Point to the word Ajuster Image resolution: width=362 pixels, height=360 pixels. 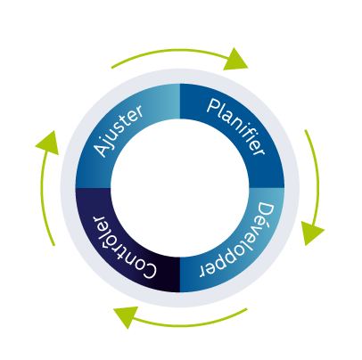[x=119, y=130]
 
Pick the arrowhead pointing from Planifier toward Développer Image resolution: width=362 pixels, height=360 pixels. [x=311, y=233]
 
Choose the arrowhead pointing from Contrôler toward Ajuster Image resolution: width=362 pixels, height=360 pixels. [x=48, y=143]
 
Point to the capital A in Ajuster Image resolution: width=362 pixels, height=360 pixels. [x=101, y=149]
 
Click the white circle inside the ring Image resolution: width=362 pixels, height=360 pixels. [x=180, y=188]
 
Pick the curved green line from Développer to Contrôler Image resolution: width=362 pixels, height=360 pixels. [x=190, y=325]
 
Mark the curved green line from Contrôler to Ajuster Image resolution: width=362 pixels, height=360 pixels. [x=42, y=196]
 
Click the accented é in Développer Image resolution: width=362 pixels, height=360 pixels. [x=261, y=225]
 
